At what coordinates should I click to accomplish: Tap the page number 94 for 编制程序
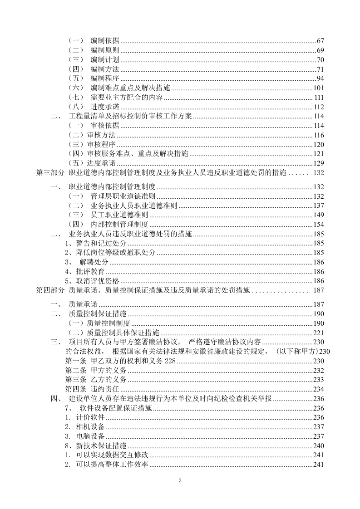320,79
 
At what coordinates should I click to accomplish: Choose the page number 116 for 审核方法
318,135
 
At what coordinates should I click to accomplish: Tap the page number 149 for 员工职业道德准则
318,215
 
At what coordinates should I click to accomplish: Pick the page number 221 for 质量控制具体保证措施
318,333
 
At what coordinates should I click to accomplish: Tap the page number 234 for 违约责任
318,389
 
